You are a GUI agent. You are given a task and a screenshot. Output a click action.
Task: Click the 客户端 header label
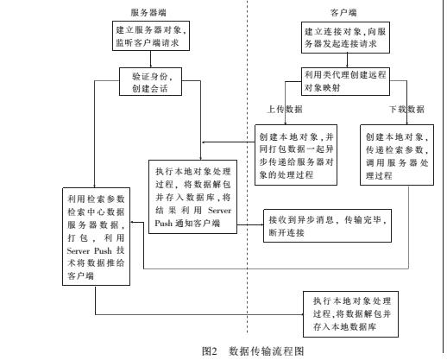[x=342, y=14]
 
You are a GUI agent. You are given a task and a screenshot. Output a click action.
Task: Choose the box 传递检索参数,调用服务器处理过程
[x=396, y=155]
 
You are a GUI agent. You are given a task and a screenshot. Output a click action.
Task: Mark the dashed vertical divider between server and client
[x=249, y=173]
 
